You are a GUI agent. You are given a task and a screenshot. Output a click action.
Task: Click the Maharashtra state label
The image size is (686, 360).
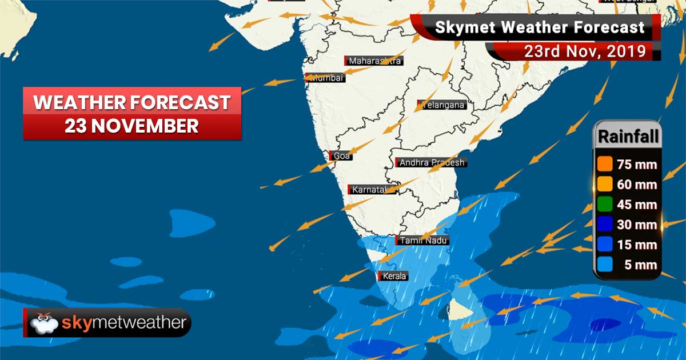click(374, 61)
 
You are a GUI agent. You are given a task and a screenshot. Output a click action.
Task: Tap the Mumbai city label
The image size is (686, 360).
click(326, 78)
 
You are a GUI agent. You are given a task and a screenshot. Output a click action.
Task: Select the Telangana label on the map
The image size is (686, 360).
click(442, 105)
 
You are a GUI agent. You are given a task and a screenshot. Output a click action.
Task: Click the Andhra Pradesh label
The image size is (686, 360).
click(432, 163)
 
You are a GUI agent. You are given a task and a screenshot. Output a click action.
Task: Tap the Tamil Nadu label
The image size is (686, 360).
click(423, 241)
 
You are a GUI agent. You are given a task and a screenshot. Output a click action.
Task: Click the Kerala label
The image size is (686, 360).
click(394, 277)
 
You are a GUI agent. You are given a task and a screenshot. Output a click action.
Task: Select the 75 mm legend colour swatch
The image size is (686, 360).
click(605, 165)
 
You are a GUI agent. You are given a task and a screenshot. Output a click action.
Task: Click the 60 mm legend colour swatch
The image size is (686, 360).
click(605, 185)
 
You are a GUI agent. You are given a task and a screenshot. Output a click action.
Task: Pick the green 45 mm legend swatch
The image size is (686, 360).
click(605, 205)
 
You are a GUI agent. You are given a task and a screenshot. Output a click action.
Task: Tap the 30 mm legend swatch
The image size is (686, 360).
click(605, 225)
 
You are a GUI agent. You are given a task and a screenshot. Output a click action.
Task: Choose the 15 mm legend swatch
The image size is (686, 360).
click(605, 245)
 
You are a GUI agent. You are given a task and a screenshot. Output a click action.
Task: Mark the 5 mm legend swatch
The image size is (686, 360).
click(605, 265)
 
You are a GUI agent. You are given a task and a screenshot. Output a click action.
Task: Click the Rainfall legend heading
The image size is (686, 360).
click(628, 137)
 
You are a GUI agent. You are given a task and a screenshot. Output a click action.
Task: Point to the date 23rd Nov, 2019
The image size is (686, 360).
click(585, 51)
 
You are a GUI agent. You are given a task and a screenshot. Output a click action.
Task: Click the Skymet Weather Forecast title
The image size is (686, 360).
click(540, 27)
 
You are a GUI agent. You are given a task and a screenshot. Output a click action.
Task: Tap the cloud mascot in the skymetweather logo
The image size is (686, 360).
click(43, 323)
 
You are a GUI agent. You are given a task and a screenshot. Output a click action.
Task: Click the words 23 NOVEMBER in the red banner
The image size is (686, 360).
click(131, 126)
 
